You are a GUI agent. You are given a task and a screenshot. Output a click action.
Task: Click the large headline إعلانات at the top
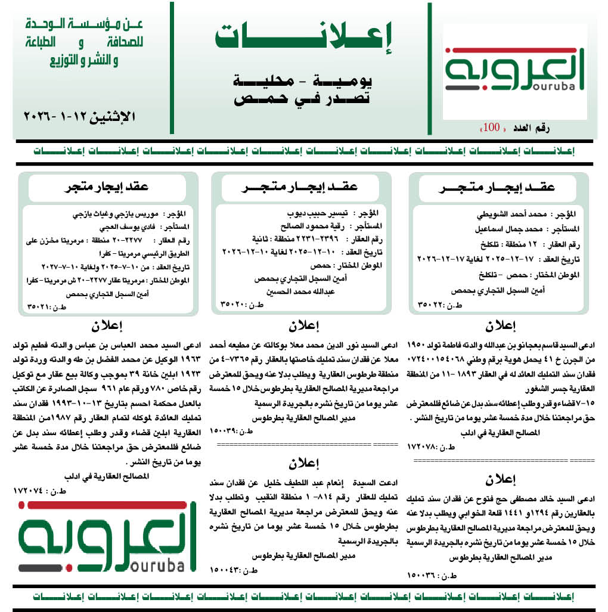coord(303,38)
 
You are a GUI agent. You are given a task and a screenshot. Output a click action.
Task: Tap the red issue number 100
coord(492,128)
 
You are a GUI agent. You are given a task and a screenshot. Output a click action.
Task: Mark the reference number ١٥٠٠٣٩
coord(228,430)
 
